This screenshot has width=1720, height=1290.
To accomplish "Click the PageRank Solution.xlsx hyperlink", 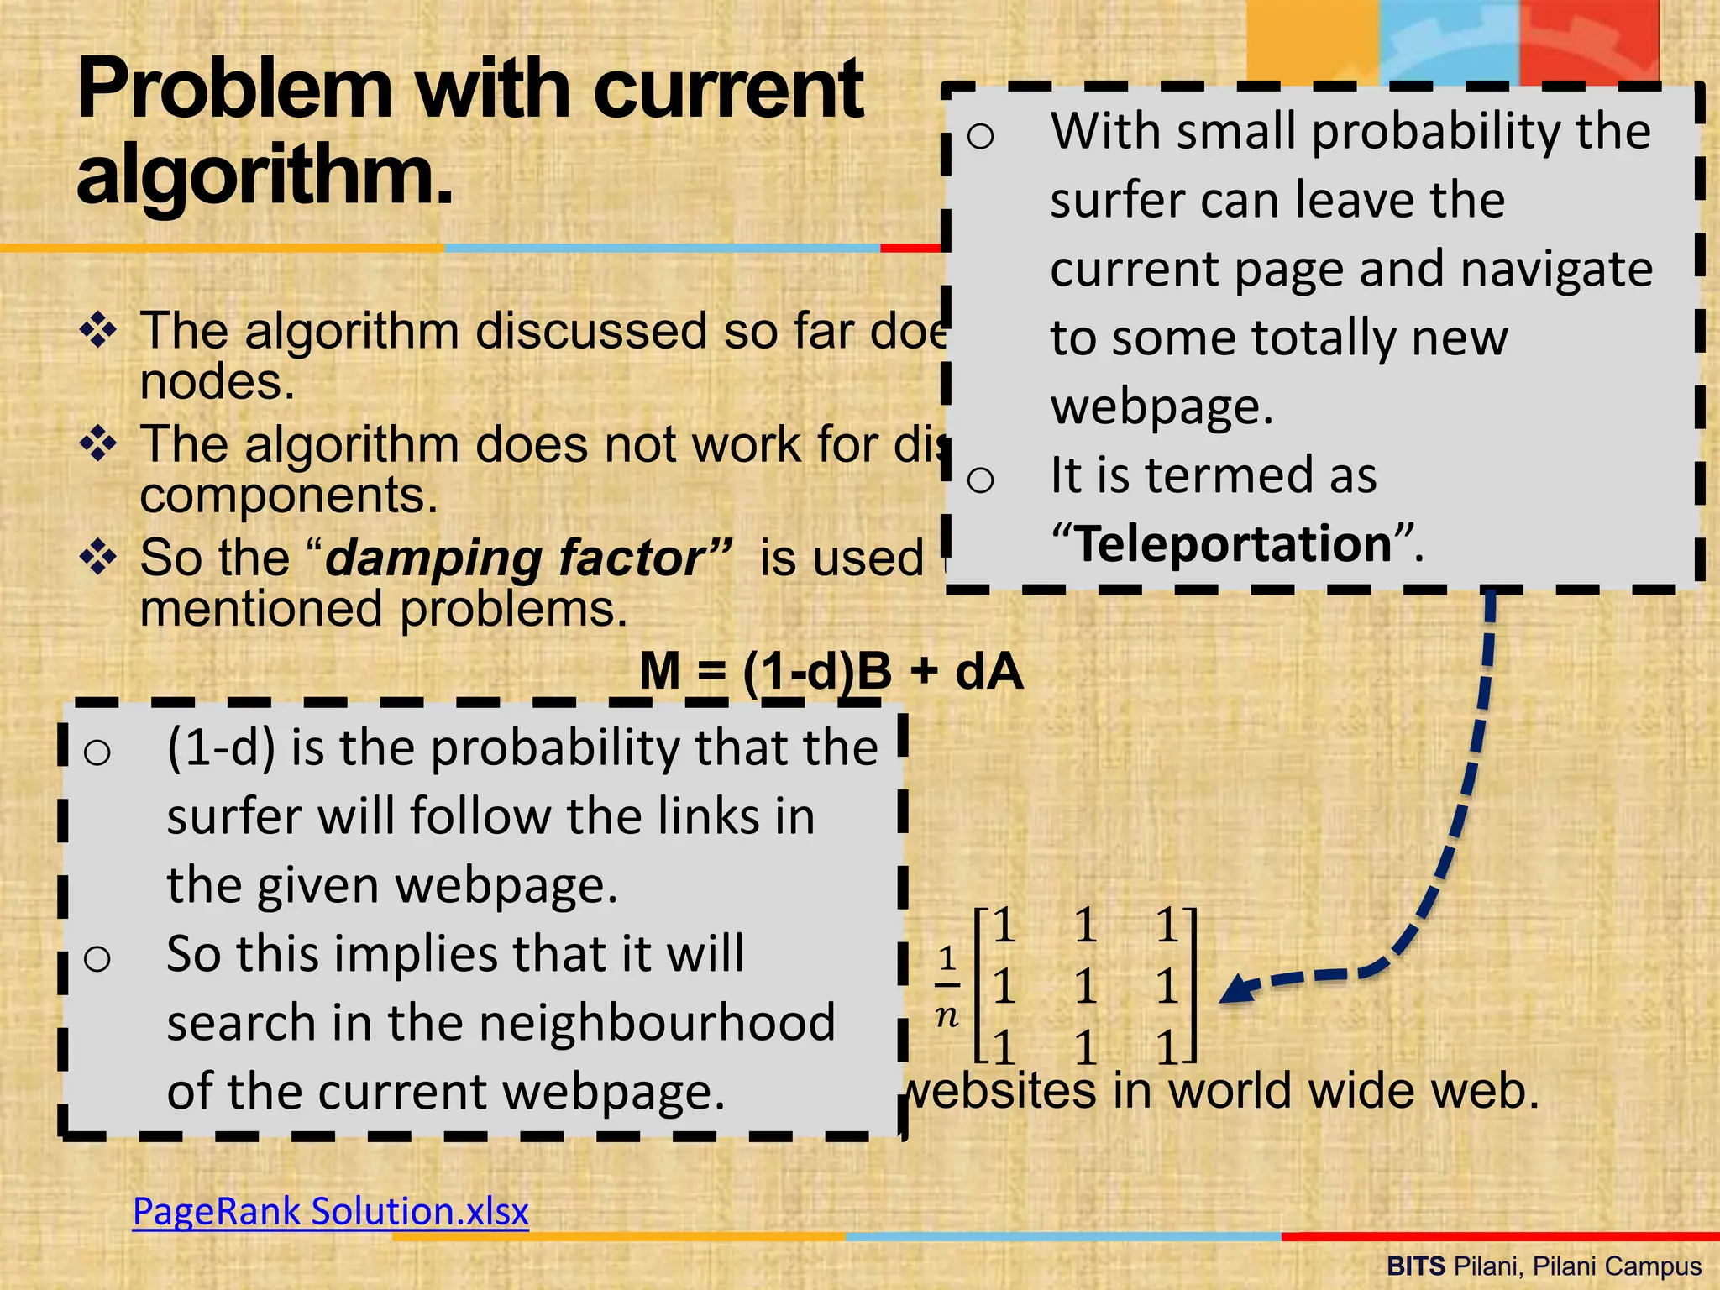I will pos(331,1212).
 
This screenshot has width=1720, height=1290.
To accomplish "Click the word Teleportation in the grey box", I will pos(1234,543).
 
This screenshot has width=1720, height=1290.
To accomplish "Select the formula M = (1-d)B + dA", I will pos(831,671).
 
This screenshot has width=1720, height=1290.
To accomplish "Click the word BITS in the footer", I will pos(1415,1266).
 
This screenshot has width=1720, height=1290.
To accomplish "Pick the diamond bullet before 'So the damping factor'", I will pos(98,557).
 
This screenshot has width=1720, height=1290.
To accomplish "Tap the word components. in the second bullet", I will pos(289,495).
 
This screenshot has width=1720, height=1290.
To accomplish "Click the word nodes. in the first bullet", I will pos(218,382).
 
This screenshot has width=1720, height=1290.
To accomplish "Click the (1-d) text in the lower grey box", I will pos(221,747).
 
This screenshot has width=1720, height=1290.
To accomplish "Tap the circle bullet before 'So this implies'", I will pos(97,958).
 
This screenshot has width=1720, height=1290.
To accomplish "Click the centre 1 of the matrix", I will pos(1086,986).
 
